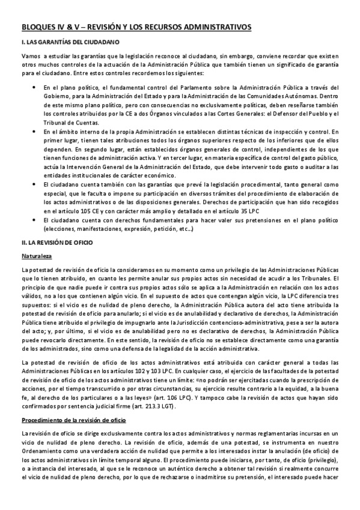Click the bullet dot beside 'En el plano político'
[32, 88]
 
